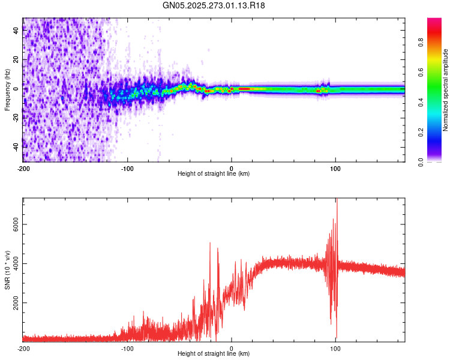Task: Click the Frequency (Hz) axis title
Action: click(x=7, y=89)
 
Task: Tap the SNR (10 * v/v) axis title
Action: click(x=7, y=270)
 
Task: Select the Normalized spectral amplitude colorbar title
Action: click(x=445, y=90)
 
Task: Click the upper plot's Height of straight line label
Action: click(x=214, y=173)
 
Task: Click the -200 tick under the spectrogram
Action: click(x=23, y=167)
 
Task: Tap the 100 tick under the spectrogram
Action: click(x=335, y=167)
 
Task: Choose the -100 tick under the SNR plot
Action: click(x=127, y=348)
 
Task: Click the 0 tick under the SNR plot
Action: click(x=232, y=348)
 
